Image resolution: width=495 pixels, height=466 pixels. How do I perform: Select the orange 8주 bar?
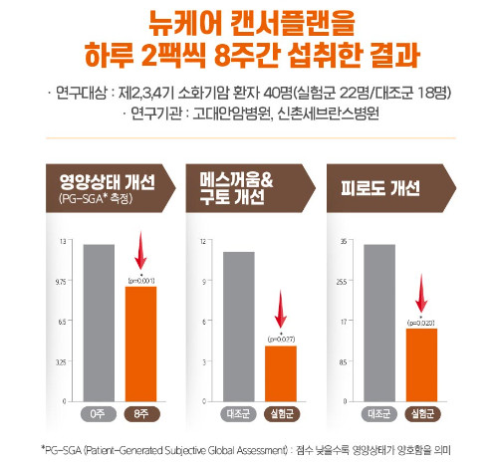click(x=140, y=344)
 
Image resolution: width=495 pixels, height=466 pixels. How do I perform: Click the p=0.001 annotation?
click(x=140, y=282)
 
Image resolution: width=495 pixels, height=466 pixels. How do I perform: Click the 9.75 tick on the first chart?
click(x=63, y=282)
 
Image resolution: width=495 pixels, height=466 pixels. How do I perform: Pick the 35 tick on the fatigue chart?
click(x=343, y=242)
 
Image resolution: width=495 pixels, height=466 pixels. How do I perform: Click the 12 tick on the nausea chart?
click(x=203, y=242)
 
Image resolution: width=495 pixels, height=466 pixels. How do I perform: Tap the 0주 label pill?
click(x=100, y=412)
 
